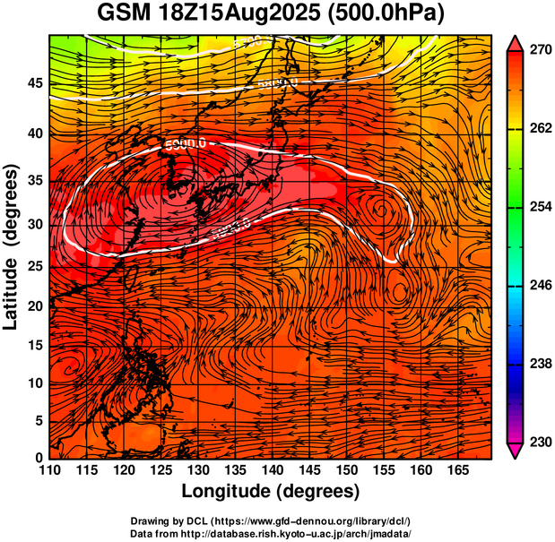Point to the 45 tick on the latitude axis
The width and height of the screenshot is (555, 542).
[32, 83]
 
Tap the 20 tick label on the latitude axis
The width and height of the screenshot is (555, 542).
[32, 306]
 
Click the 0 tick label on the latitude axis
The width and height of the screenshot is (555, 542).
[37, 458]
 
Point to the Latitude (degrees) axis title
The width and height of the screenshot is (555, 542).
[12, 246]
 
